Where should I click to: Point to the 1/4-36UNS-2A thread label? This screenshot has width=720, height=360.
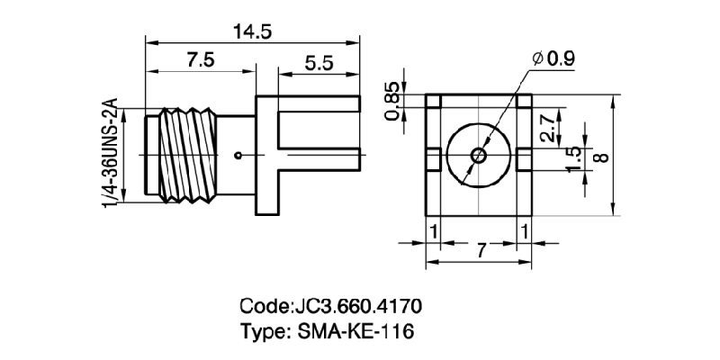[112, 155]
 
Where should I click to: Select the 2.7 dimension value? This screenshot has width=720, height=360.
[546, 131]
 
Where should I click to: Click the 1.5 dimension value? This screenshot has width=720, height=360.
[573, 158]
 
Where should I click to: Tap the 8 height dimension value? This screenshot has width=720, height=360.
[603, 155]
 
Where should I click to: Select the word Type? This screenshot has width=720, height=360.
[263, 331]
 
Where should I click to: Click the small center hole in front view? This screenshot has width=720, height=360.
[478, 155]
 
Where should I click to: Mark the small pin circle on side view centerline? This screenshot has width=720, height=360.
[238, 156]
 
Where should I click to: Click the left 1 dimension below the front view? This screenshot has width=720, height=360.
[434, 232]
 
